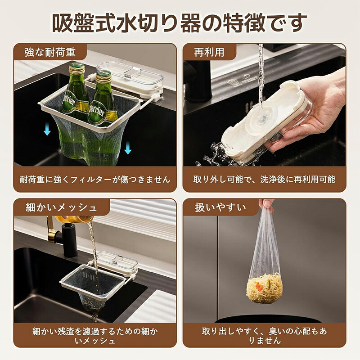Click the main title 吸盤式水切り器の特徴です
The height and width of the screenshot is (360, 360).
point(180,23)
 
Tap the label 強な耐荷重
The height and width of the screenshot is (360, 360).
point(50,52)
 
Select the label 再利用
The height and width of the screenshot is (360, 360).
point(209,52)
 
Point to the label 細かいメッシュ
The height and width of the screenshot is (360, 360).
point(61,207)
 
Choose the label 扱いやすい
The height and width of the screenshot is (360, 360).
point(220,207)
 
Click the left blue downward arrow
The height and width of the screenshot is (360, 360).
point(47,129)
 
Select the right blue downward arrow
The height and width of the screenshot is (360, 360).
point(128,148)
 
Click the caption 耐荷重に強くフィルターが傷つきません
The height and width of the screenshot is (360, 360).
point(95,180)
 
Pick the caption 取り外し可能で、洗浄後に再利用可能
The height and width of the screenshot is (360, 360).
point(264,180)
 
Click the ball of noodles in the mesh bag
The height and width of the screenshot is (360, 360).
point(264,288)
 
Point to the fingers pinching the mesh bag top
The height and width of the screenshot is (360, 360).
point(266,205)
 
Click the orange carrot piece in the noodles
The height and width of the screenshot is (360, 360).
point(260,287)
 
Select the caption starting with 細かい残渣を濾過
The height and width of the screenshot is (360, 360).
point(95,336)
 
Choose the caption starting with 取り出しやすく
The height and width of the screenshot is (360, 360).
point(264,336)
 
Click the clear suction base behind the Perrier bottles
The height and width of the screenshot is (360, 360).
point(130,78)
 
